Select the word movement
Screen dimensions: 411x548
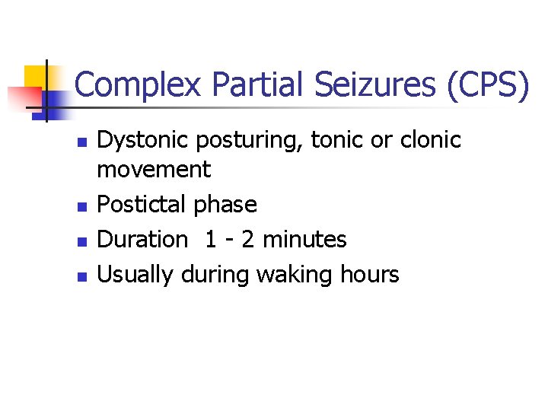[x=154, y=169]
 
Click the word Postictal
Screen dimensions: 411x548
[x=142, y=205]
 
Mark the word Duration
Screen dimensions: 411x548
[x=143, y=239]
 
